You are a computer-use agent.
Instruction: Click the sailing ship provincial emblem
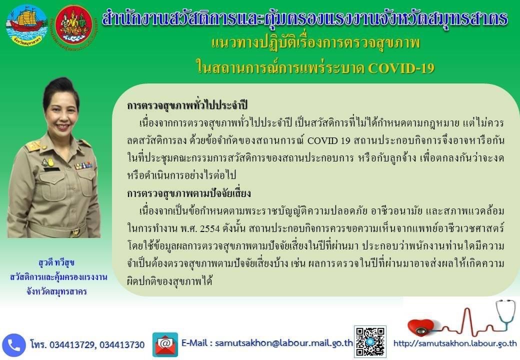(x=26, y=25)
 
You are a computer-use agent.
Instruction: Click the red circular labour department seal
(x=73, y=25)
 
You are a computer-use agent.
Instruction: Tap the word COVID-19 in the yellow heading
(x=401, y=68)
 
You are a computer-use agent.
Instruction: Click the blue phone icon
(x=13, y=345)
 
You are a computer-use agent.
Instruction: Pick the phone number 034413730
(x=122, y=345)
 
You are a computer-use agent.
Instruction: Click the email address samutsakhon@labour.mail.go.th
(x=284, y=343)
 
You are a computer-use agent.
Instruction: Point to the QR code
(x=370, y=342)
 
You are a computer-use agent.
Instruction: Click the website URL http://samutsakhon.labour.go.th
(x=455, y=343)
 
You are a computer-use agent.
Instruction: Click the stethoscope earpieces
(x=505, y=301)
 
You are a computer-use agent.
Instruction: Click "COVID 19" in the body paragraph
(x=329, y=141)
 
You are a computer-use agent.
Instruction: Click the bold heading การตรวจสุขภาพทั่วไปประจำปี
(x=187, y=105)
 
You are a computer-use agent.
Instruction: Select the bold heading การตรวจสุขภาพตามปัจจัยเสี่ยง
(x=189, y=193)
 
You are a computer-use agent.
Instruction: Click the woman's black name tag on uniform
(x=51, y=169)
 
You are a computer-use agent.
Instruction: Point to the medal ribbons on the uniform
(x=83, y=165)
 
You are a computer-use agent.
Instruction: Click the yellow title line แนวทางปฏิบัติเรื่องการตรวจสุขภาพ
(x=315, y=43)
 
